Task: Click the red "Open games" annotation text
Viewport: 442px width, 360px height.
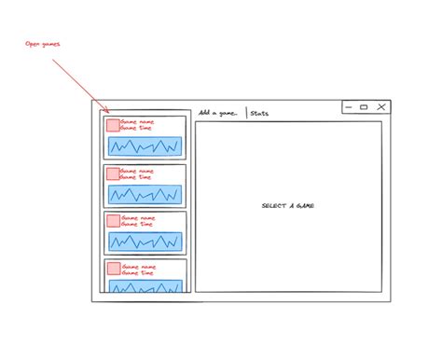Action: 45,44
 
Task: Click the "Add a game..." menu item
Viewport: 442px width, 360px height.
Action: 218,113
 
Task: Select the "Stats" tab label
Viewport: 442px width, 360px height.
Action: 260,113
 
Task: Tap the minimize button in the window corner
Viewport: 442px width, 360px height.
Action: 348,107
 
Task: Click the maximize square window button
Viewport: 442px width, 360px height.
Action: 364,107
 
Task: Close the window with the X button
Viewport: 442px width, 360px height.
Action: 380,107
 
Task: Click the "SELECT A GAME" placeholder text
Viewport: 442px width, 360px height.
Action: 288,206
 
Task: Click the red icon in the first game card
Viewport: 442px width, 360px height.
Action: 113,125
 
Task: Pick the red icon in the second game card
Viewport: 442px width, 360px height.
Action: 113,173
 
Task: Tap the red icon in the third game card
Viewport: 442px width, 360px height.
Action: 113,221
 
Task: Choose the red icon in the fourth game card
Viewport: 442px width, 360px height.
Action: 113,269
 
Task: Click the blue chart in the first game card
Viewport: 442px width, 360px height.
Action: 145,146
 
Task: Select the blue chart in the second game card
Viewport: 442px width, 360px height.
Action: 145,194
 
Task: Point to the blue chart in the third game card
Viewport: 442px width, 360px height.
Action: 145,241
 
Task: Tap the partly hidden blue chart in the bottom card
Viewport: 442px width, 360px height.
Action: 145,286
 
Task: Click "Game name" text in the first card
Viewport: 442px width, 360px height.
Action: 138,121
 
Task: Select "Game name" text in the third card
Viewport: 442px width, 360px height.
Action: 138,217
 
